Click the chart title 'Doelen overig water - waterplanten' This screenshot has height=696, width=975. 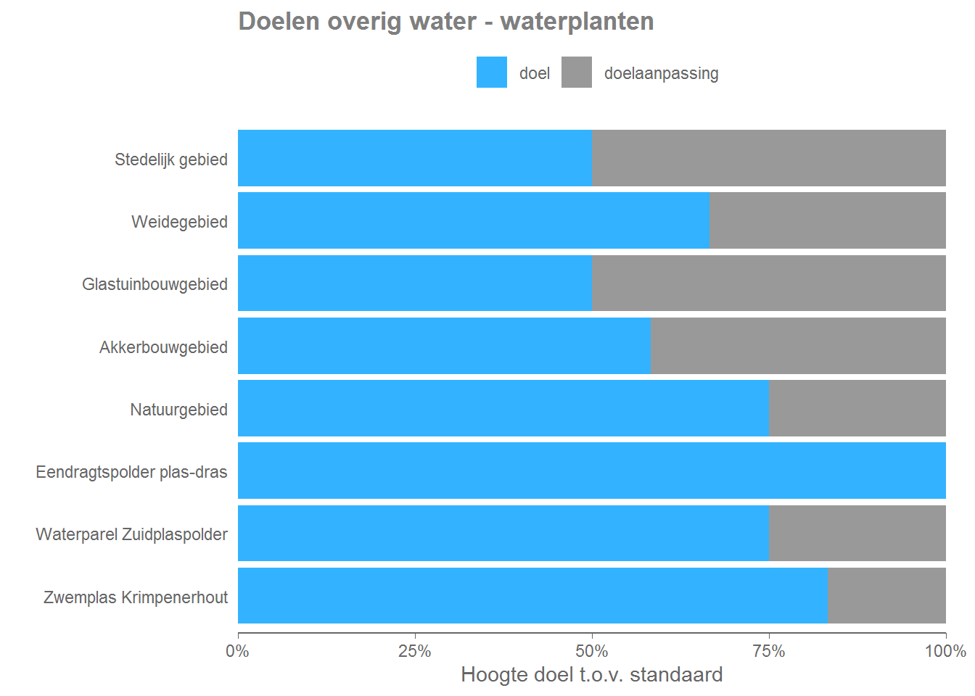[x=445, y=22]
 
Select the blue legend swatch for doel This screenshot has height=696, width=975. [x=491, y=72]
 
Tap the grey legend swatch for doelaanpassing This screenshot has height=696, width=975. [x=576, y=72]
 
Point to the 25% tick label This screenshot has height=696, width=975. [x=415, y=651]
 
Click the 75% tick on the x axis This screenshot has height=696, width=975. [x=769, y=651]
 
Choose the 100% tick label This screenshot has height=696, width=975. [x=945, y=651]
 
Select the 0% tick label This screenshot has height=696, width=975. [x=238, y=651]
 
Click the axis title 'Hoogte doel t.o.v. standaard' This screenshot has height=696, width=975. [x=591, y=675]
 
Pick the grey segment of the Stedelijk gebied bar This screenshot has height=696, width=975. [x=768, y=158]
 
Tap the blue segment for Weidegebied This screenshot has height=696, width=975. [x=473, y=220]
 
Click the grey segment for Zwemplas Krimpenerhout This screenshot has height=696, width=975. [x=886, y=596]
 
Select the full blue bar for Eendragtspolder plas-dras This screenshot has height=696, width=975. [x=591, y=471]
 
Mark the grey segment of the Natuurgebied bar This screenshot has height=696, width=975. [x=857, y=408]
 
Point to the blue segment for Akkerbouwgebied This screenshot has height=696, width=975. [x=444, y=346]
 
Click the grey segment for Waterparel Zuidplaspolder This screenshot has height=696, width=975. [x=857, y=534]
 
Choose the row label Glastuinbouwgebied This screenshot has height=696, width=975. [x=155, y=284]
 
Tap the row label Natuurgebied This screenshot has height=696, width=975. [x=178, y=410]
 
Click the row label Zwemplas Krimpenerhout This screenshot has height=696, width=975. [x=135, y=597]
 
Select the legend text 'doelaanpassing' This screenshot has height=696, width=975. [x=661, y=73]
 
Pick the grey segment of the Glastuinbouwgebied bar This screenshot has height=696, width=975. [x=768, y=283]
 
